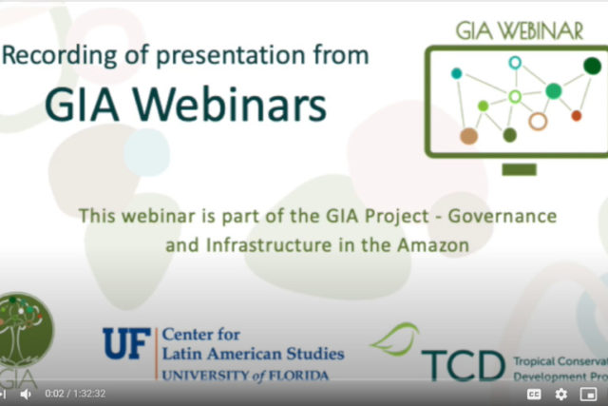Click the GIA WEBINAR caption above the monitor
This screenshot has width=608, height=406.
coord(520,30)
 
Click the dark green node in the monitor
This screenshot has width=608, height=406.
coord(592,66)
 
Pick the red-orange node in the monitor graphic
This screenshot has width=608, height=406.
coord(576,116)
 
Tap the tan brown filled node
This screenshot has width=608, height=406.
coord(468,136)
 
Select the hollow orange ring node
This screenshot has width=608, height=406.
coord(538,121)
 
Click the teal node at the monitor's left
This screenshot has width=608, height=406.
coord(456,73)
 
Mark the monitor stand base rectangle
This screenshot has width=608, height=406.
coord(519,169)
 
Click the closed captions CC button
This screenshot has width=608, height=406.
coord(534,394)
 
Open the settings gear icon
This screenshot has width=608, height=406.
coord(560,394)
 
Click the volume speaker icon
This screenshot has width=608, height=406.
coord(26,394)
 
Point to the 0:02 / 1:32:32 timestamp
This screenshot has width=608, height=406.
coord(75,394)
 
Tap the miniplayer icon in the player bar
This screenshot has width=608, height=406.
coord(587,394)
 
